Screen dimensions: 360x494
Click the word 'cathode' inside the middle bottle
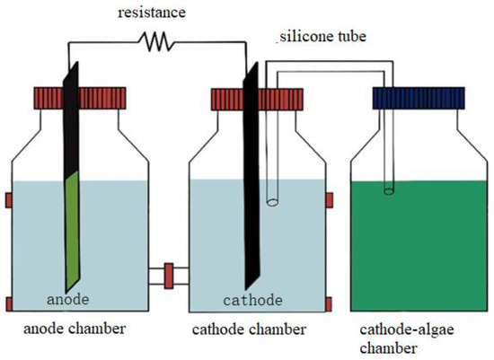tap(253, 298)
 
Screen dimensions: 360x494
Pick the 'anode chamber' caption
tap(73, 329)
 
